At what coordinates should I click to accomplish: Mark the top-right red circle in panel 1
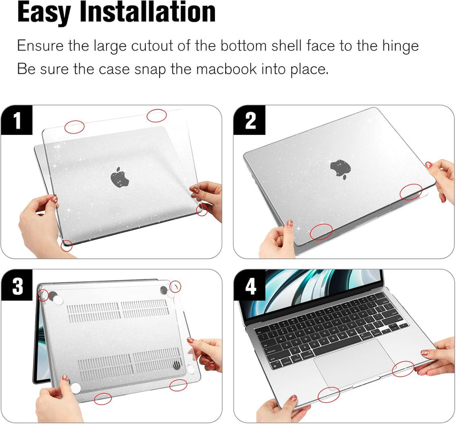[157, 116]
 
